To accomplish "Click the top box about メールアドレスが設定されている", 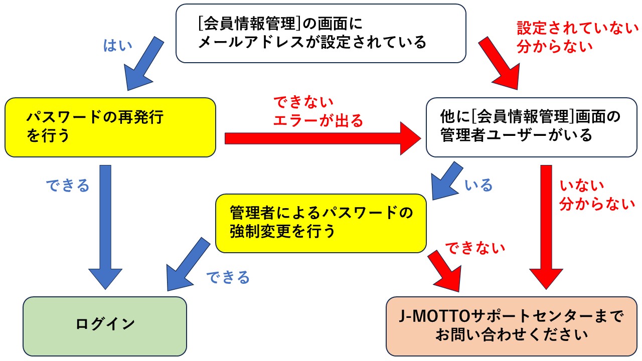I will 321,33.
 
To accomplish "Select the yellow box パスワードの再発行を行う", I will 110,127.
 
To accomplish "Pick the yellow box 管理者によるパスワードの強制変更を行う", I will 321,223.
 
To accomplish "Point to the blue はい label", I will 117,46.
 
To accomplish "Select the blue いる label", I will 479,186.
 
